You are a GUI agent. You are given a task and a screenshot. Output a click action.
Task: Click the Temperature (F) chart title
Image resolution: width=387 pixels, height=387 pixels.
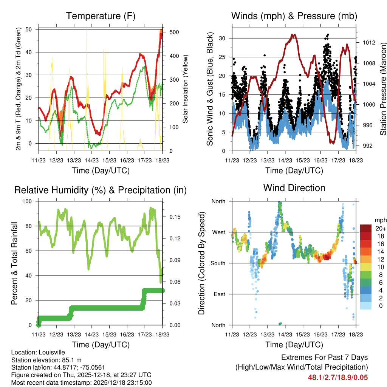101,16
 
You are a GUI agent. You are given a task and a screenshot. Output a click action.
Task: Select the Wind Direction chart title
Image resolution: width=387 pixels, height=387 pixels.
294,188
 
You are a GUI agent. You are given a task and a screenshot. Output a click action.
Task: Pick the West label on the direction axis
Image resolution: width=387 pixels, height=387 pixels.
218,232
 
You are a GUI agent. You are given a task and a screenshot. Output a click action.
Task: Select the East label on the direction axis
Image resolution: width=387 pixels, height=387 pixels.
219,294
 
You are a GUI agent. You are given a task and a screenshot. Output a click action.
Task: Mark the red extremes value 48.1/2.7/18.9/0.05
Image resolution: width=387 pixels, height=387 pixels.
338,377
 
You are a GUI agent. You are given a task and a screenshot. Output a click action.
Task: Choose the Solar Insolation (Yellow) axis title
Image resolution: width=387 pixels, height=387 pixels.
186,89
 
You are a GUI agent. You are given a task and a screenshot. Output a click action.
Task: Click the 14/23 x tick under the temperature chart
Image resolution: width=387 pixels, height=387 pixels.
91,160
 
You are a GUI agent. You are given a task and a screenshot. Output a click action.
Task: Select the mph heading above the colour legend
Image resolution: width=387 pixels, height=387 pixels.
380,220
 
